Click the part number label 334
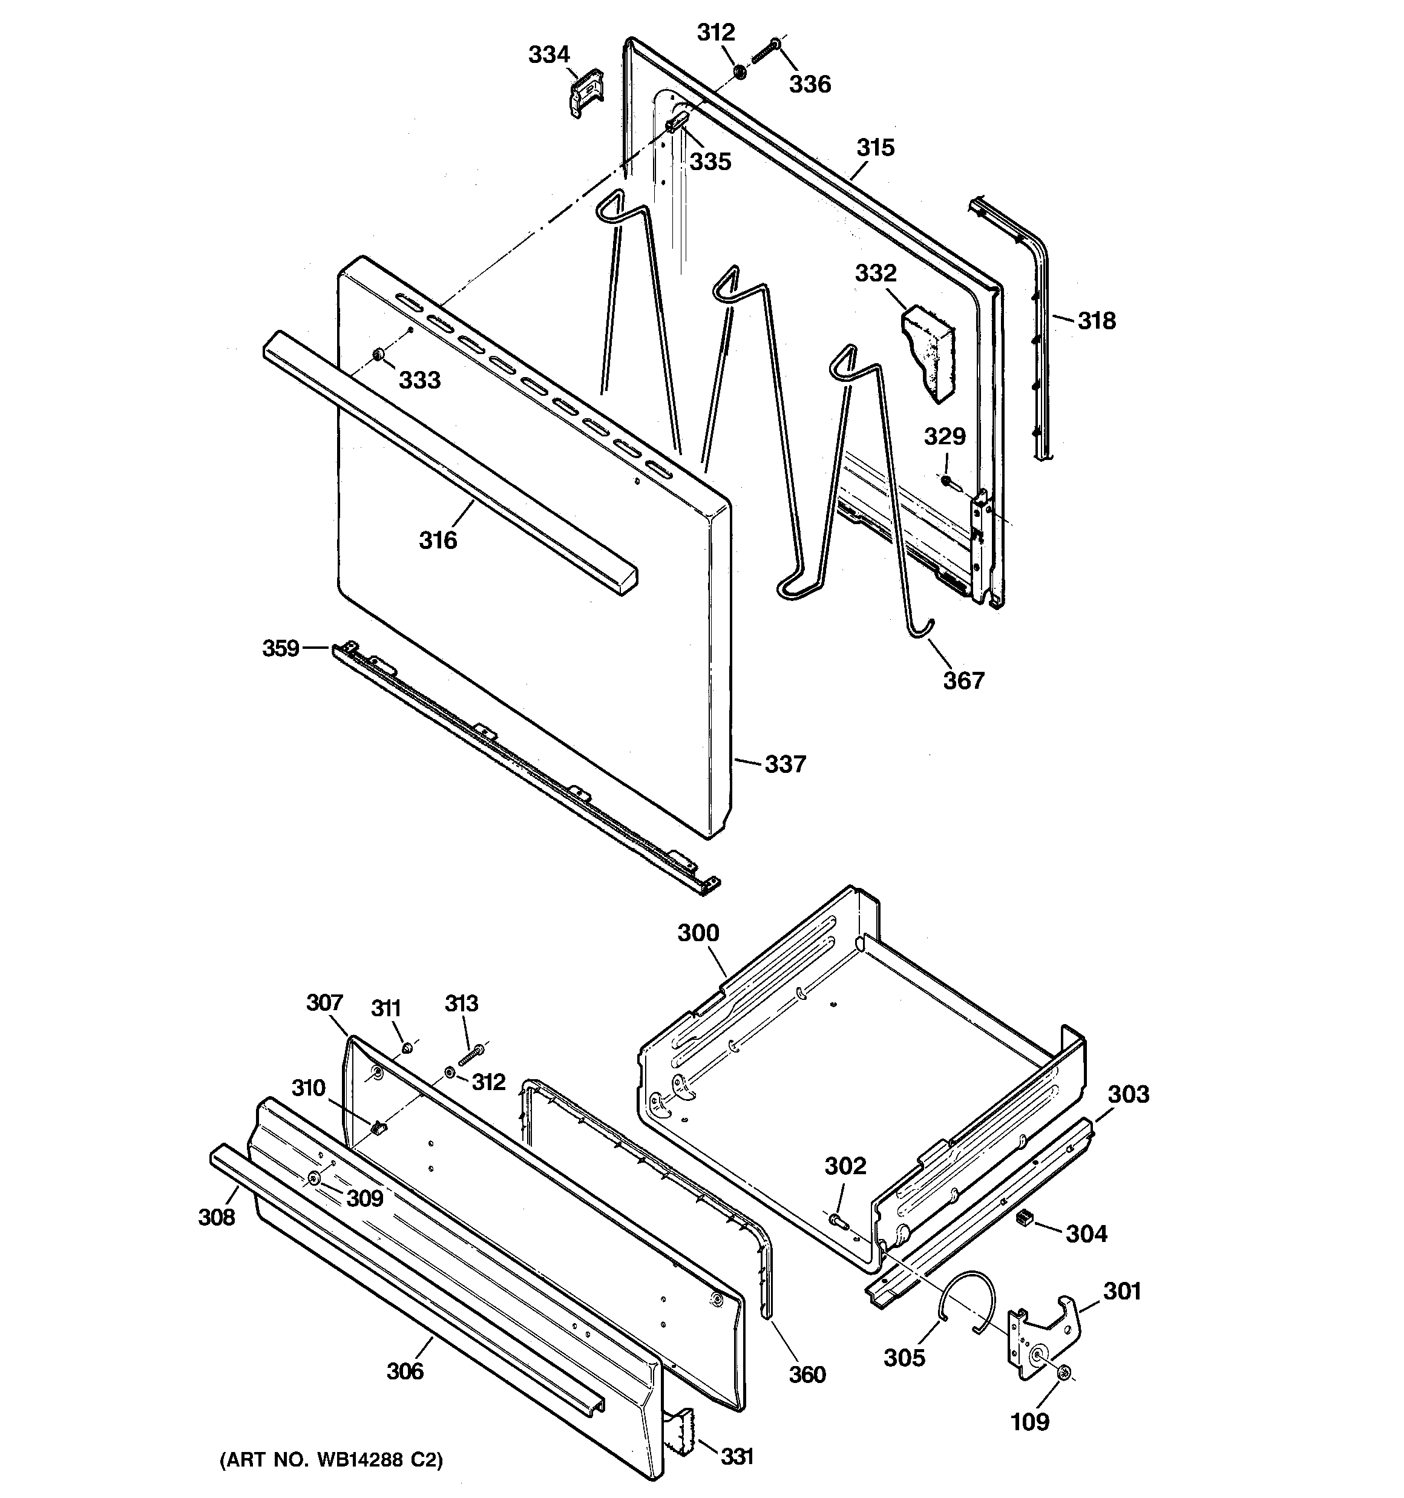tap(549, 55)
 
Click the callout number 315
tap(875, 148)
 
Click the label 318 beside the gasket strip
tap(1096, 321)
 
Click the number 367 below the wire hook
tap(964, 680)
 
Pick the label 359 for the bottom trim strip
tap(281, 648)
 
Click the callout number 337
tap(786, 764)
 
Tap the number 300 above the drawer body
tap(698, 933)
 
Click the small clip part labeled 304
tap(1023, 1218)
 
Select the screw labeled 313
tap(471, 1056)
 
